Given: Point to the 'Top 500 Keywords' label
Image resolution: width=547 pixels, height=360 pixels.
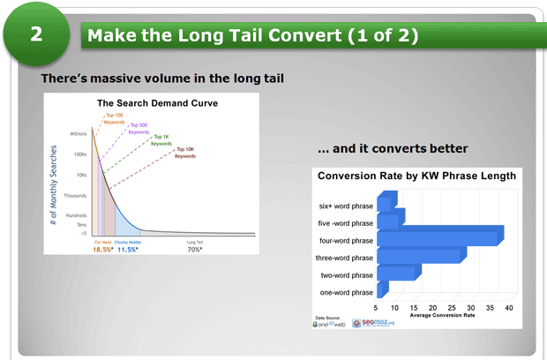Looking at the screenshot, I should [x=139, y=128].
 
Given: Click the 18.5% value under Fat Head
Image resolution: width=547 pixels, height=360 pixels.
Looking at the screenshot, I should [x=103, y=250].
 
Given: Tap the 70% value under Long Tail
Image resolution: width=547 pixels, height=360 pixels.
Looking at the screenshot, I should [x=195, y=250].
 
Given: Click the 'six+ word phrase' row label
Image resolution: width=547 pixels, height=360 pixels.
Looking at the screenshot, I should [x=346, y=206].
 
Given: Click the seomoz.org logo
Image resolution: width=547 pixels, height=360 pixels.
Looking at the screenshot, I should [x=376, y=323].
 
